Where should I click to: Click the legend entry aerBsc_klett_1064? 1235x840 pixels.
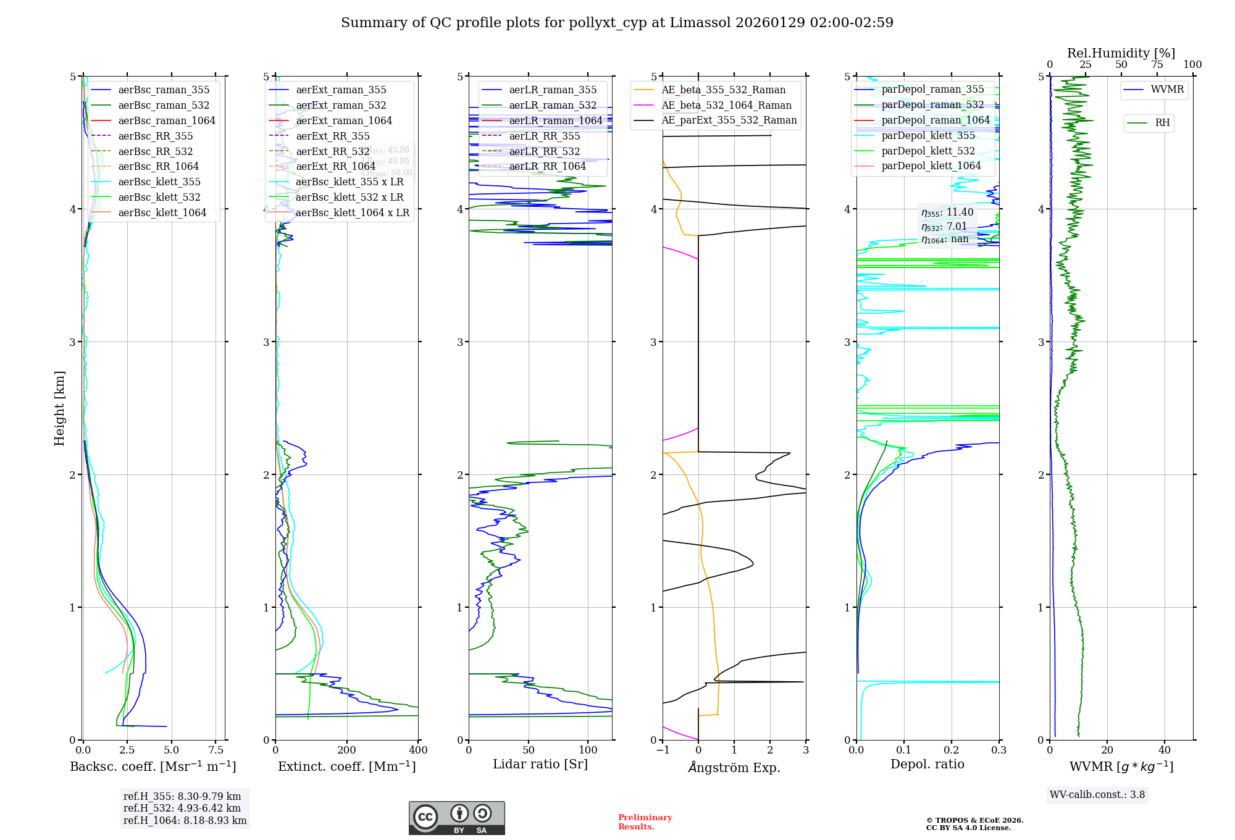point(162,212)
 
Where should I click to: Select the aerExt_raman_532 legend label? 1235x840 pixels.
point(341,105)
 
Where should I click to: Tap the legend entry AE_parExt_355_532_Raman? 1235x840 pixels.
point(729,120)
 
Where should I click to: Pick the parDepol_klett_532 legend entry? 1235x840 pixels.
point(927,151)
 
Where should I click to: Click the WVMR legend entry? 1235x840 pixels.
point(1167,90)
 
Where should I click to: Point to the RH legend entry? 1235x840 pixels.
point(1162,123)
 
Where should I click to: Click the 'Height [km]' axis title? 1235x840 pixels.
point(59,408)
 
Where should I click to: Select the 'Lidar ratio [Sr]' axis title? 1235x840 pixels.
point(540,764)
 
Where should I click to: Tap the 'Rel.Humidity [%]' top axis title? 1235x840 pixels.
point(1121,53)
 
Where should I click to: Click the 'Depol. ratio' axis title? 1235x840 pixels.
point(927,764)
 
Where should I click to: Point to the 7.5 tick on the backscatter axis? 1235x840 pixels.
point(216,750)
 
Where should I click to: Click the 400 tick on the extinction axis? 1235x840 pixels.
point(418,750)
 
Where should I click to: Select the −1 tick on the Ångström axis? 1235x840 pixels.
point(663,750)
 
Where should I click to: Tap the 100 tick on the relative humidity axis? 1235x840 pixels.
point(1192,64)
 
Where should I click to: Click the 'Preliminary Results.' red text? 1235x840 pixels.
point(645,821)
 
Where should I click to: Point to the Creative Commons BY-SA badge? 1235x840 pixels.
point(456,818)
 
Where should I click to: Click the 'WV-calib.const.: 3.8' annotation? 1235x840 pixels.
point(1097,795)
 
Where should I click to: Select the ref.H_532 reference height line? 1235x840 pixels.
point(182,808)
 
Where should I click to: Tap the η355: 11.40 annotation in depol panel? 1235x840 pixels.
point(947,212)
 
